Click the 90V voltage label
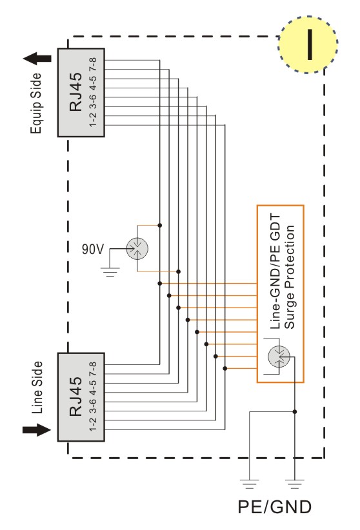click(93, 249)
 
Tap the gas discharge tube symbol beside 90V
click(137, 248)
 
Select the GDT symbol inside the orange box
click(279, 357)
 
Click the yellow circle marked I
click(308, 44)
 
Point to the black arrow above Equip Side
click(37, 59)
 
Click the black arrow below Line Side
click(37, 429)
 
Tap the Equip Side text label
click(36, 103)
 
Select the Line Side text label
click(37, 388)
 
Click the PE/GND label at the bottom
click(274, 507)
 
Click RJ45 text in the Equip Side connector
click(75, 92)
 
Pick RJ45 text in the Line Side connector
click(75, 397)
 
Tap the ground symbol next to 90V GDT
click(110, 271)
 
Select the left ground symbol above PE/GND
click(250, 484)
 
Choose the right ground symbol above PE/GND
click(295, 484)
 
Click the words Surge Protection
click(290, 277)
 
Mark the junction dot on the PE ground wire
click(295, 412)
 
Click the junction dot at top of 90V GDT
click(160, 225)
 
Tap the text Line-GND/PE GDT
click(275, 271)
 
